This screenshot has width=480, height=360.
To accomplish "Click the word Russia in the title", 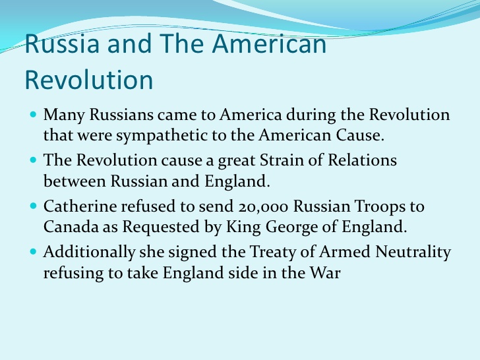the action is (62, 43).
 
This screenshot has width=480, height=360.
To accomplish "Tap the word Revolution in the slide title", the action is (89, 80).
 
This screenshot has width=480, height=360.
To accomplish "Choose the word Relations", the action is (362, 160).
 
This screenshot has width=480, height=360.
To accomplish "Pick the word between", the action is (75, 181).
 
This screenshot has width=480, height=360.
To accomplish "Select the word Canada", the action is (71, 227).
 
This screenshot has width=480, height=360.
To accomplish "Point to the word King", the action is (243, 227).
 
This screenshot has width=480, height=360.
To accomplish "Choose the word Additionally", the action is (89, 253).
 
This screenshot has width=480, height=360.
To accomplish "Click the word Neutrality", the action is (413, 253).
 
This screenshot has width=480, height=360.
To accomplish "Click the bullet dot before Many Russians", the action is (34, 115).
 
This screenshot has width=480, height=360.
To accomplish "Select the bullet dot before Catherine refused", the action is (34, 206).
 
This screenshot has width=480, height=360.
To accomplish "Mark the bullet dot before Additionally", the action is (34, 252).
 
